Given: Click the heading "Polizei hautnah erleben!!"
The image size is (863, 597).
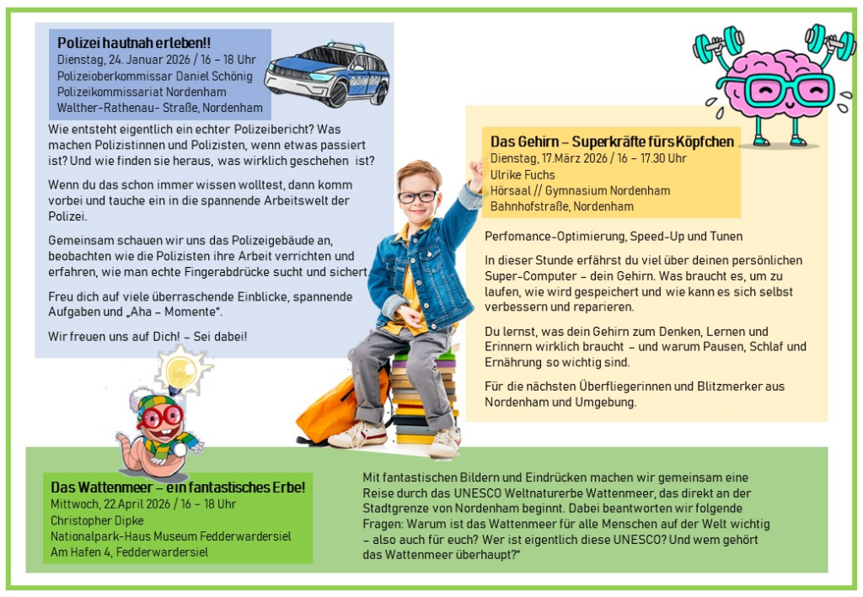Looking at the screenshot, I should pyautogui.click(x=134, y=42).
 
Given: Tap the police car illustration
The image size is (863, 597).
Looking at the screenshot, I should pyautogui.click(x=327, y=74).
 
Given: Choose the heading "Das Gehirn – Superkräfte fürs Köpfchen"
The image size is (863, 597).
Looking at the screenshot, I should pyautogui.click(x=612, y=141).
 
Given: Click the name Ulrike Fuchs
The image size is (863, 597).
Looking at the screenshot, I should pyautogui.click(x=523, y=174).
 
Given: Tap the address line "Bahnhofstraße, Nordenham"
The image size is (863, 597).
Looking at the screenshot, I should pyautogui.click(x=562, y=206).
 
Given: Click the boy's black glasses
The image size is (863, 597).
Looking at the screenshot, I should pyautogui.click(x=417, y=196).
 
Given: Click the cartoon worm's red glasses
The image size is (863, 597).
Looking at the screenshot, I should pyautogui.click(x=160, y=416).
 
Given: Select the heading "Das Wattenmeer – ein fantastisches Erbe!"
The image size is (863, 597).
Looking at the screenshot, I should pyautogui.click(x=178, y=488).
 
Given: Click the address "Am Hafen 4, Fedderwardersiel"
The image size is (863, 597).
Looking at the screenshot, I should pyautogui.click(x=129, y=552).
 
